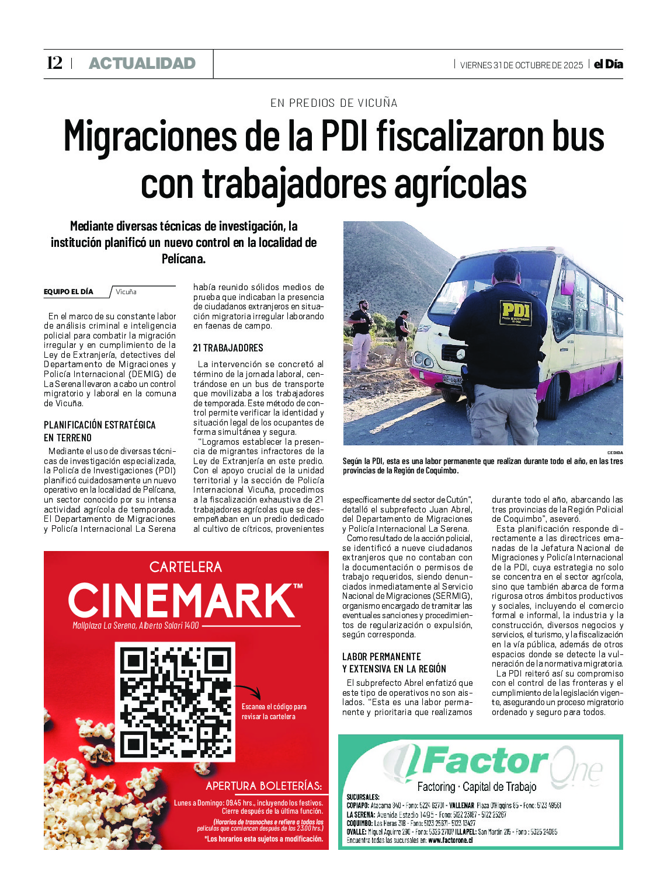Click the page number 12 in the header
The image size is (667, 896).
click(x=54, y=63)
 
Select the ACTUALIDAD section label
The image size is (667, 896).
click(x=142, y=64)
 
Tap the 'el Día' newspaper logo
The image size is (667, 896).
click(x=609, y=64)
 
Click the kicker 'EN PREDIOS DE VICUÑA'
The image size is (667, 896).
click(x=333, y=103)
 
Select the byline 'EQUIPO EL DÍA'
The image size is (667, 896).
click(x=68, y=292)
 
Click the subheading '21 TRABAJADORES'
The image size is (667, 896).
click(x=228, y=348)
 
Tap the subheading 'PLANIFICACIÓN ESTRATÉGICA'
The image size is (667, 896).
click(x=100, y=425)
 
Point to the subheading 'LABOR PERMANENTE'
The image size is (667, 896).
click(x=381, y=657)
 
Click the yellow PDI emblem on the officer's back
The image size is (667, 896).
click(x=516, y=313)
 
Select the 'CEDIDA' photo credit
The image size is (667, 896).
click(x=615, y=453)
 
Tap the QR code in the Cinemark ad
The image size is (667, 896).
click(x=175, y=702)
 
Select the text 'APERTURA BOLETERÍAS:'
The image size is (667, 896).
click(x=264, y=786)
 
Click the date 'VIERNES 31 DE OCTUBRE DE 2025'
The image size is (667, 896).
click(x=521, y=65)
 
